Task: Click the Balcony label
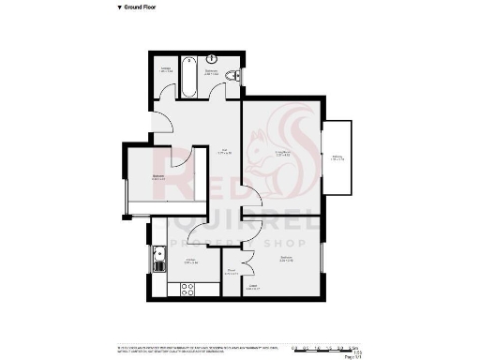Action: pos(337,159)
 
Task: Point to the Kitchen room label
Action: pos(190,262)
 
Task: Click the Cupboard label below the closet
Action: pos(251,289)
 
